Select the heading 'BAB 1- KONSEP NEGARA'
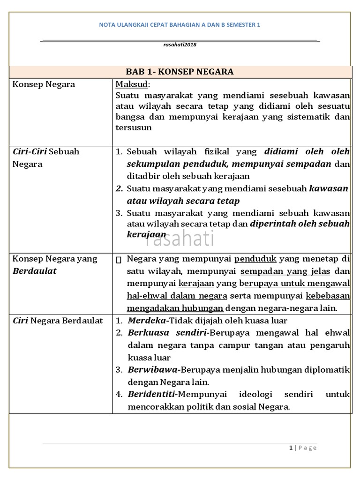click(x=180, y=72)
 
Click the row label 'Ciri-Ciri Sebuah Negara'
click(x=45, y=157)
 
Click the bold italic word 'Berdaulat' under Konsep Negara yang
click(x=35, y=271)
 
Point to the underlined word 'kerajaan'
click(x=196, y=284)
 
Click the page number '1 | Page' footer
click(x=303, y=448)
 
